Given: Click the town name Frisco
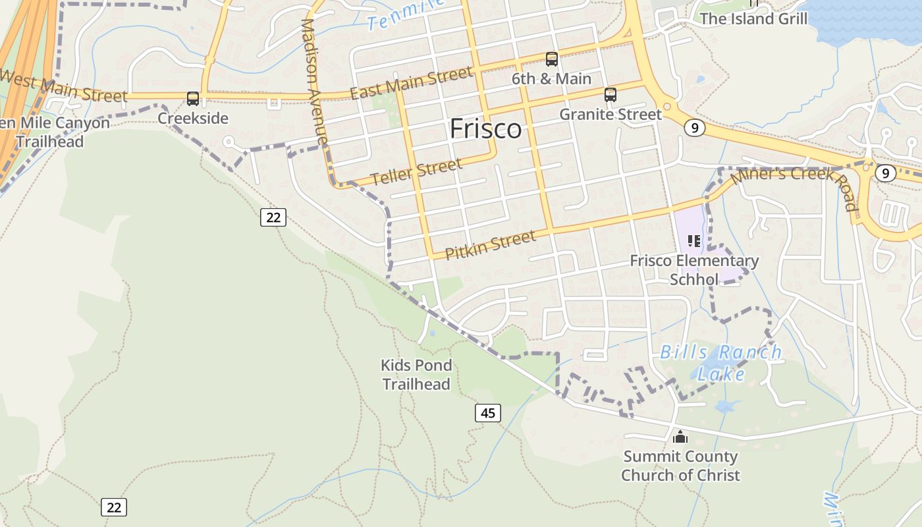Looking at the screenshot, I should [x=486, y=129].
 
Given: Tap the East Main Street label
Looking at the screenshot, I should [x=411, y=83].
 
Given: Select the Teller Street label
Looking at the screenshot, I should [x=416, y=172].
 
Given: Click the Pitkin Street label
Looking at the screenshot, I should [x=491, y=245].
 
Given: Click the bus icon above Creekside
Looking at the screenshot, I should [x=193, y=99].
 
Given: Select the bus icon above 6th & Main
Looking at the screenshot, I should [x=552, y=59].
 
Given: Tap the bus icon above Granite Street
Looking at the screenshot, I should [x=610, y=95].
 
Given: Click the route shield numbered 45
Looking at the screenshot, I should [x=487, y=413].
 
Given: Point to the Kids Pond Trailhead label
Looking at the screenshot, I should [x=416, y=374].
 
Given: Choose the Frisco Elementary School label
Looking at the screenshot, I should [x=694, y=269].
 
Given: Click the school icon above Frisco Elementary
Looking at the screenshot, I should [x=694, y=241].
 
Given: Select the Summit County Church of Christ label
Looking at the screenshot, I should [x=680, y=465].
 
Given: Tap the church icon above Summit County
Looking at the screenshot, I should [x=680, y=436].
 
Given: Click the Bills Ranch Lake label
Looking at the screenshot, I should [x=720, y=362].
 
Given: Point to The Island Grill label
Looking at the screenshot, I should [x=753, y=18].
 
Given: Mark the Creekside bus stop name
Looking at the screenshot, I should [x=193, y=118].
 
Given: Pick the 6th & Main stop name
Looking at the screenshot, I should [x=552, y=78].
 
